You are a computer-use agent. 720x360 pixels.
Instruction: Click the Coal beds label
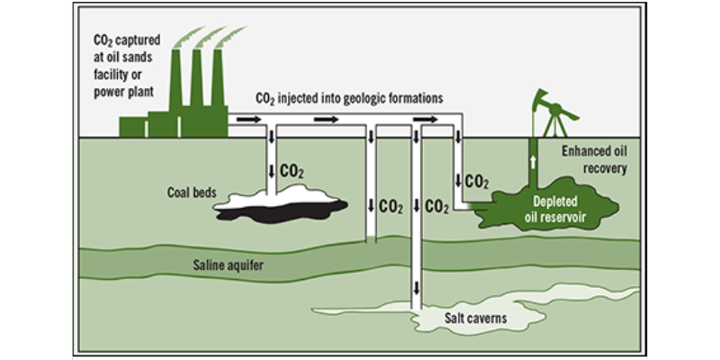[x=192, y=192]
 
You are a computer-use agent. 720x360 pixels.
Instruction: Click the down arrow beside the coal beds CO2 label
[x=272, y=170]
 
